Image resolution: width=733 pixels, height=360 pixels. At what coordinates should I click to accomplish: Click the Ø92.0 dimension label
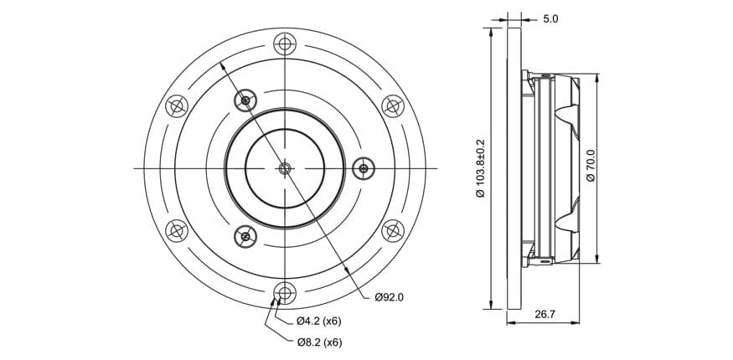(x=389, y=297)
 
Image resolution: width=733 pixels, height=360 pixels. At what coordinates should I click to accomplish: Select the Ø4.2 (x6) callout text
(x=319, y=321)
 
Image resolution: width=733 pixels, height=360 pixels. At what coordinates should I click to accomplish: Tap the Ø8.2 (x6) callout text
(x=320, y=342)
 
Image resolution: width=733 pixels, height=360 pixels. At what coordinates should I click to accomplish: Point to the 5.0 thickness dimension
(x=550, y=19)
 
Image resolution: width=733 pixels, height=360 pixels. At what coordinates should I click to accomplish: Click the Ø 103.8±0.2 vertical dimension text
(x=480, y=168)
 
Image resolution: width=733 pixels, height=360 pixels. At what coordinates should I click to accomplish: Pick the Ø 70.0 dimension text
(x=591, y=165)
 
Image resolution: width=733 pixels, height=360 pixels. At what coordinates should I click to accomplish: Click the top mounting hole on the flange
(x=285, y=44)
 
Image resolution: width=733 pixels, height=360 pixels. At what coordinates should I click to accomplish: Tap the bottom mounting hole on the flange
(x=285, y=293)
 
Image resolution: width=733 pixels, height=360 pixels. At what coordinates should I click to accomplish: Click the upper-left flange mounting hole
(x=177, y=106)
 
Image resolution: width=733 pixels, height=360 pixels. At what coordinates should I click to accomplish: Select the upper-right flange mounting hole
(x=393, y=106)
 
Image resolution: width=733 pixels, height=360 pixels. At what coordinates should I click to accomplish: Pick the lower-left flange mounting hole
(x=177, y=231)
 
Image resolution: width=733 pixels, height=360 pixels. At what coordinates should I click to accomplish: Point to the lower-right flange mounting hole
(x=393, y=231)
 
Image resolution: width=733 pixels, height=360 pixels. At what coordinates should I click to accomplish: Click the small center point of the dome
(x=285, y=168)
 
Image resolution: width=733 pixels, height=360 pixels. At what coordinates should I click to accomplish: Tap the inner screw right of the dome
(x=364, y=168)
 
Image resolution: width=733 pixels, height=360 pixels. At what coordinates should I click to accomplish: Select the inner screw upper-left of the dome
(x=245, y=100)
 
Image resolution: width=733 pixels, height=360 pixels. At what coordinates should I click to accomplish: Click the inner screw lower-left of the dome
(x=245, y=236)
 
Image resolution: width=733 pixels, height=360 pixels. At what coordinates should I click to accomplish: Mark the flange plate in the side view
(x=514, y=168)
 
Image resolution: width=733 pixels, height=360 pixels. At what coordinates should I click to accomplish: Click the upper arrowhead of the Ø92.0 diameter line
(x=223, y=68)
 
